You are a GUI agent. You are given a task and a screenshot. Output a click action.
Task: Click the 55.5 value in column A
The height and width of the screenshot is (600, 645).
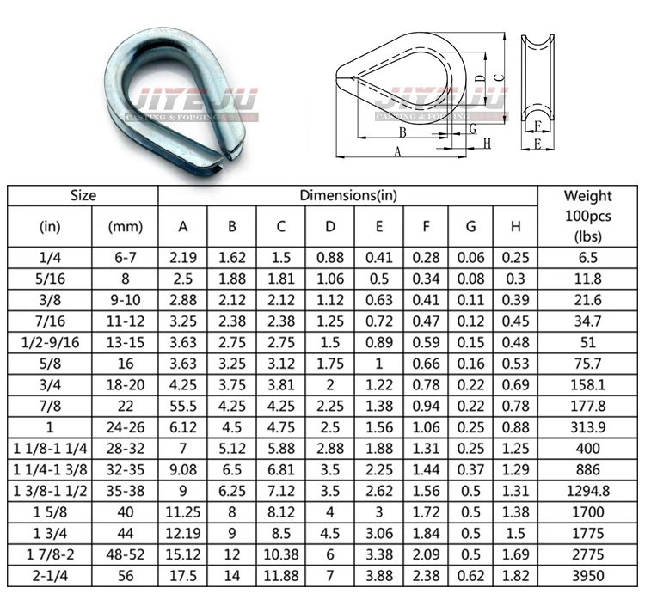[183, 404]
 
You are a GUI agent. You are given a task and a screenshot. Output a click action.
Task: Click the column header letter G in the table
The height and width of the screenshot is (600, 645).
[470, 227]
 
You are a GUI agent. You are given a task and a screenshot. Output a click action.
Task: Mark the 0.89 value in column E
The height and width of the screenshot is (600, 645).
[379, 340]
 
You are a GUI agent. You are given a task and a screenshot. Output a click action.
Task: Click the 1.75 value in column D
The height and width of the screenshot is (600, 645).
[330, 362]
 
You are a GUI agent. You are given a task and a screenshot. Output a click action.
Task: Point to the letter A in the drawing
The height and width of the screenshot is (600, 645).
[397, 151]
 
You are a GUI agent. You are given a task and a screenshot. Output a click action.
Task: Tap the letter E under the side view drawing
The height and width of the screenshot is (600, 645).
[537, 144]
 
